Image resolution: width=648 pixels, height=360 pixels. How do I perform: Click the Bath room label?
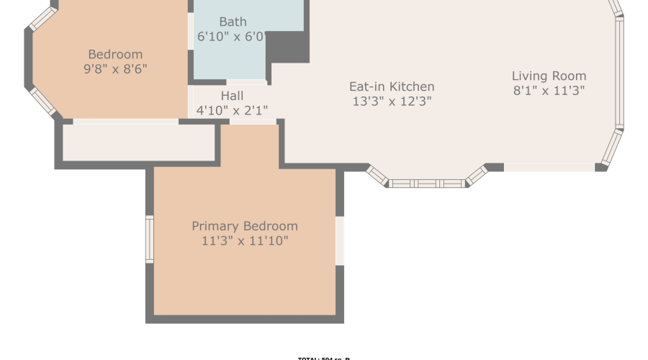tap(233, 22)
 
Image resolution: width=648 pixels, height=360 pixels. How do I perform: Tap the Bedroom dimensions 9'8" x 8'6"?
tap(115, 69)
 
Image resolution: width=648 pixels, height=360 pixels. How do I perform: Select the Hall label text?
tap(232, 96)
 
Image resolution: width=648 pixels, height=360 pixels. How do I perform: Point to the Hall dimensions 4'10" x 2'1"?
tap(232, 111)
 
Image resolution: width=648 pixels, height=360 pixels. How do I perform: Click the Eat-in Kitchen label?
tap(392, 87)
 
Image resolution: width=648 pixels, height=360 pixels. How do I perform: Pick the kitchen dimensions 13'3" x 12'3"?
tap(392, 102)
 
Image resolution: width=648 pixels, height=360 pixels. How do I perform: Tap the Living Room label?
tap(549, 76)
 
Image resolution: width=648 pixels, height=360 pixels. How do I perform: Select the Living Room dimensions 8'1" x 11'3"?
tap(549, 91)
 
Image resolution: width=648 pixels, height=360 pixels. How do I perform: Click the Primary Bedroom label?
tap(245, 226)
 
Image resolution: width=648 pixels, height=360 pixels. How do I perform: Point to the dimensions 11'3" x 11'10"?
tap(245, 241)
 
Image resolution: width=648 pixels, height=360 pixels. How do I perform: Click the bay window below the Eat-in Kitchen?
tap(428, 183)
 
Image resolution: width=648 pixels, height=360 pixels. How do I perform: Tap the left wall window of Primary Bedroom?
tap(150, 238)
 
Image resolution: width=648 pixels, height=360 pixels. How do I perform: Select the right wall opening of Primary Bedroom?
tap(340, 240)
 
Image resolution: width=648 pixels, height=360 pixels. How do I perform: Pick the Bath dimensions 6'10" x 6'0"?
tap(233, 36)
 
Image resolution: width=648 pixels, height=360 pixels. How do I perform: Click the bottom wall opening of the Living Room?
tap(549, 167)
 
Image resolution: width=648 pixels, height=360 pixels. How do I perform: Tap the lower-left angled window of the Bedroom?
tap(42, 102)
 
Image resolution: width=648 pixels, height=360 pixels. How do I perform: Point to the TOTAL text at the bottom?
tap(323, 358)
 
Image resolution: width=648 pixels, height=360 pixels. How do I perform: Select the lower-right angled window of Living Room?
tap(611, 145)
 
